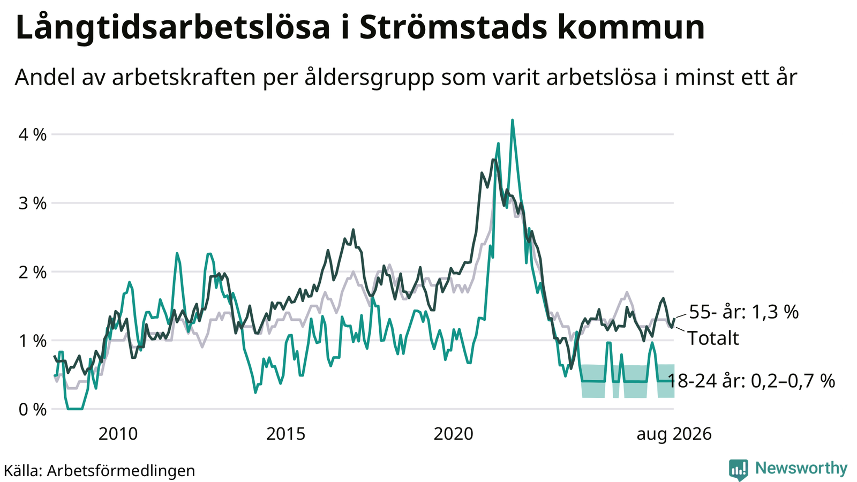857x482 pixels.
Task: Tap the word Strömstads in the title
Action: click(x=453, y=27)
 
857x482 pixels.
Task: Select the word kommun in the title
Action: click(x=631, y=27)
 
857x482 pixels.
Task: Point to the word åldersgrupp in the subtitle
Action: click(x=370, y=78)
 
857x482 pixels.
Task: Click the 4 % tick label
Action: click(x=33, y=135)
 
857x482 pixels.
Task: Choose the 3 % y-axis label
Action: click(x=33, y=204)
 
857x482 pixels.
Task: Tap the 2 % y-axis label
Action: click(x=33, y=273)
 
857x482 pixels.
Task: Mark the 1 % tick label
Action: click(x=33, y=341)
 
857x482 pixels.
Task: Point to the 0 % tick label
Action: click(x=33, y=410)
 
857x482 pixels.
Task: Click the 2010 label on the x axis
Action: click(x=118, y=434)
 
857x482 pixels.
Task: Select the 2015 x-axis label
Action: click(x=285, y=434)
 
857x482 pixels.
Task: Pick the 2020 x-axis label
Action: click(x=453, y=434)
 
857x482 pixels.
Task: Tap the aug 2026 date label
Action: click(x=674, y=434)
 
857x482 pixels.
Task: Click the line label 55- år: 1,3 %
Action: click(x=744, y=312)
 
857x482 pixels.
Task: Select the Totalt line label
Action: click(x=713, y=338)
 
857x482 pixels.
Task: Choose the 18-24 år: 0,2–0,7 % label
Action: click(x=751, y=381)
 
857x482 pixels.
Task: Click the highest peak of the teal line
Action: click(x=512, y=120)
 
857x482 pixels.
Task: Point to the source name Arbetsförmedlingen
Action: click(x=121, y=471)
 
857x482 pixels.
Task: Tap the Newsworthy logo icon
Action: click(x=739, y=470)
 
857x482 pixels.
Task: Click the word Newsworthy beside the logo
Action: click(x=801, y=469)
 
